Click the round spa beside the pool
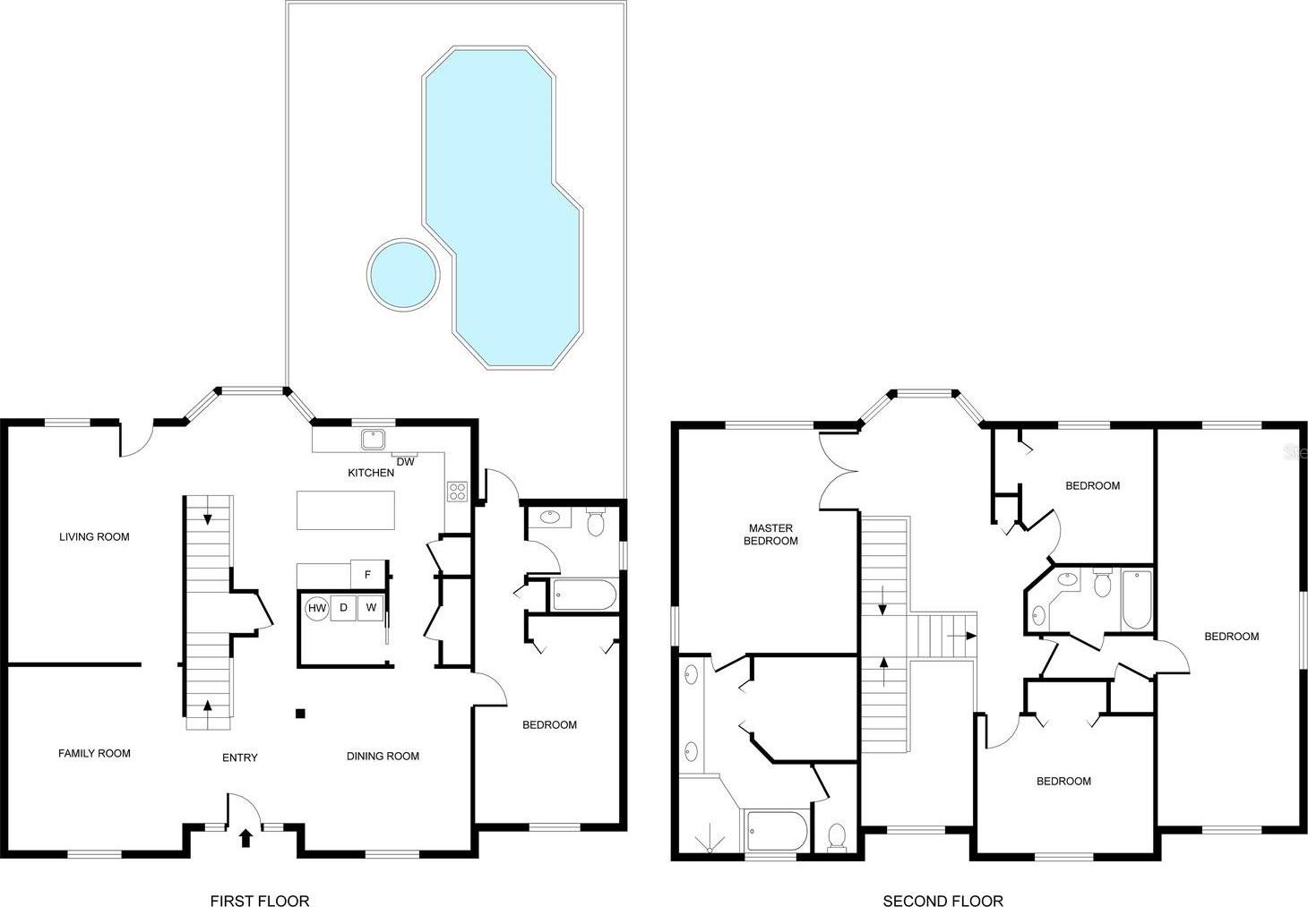pos(403,274)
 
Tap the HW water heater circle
pos(317,608)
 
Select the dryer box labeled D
pos(343,608)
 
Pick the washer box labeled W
pos(371,608)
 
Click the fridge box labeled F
pos(368,574)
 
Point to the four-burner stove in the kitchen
pos(457,492)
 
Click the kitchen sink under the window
pos(372,439)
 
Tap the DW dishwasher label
pos(405,462)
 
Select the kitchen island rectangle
pos(346,510)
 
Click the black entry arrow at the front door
pos(245,838)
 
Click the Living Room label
pos(94,537)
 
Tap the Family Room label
pos(94,754)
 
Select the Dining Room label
pos(383,757)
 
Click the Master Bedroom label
pos(770,535)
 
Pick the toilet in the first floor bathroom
pos(596,522)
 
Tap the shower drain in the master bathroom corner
pos(710,851)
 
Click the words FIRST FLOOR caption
pos(260,901)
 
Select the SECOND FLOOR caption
pos(943,901)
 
